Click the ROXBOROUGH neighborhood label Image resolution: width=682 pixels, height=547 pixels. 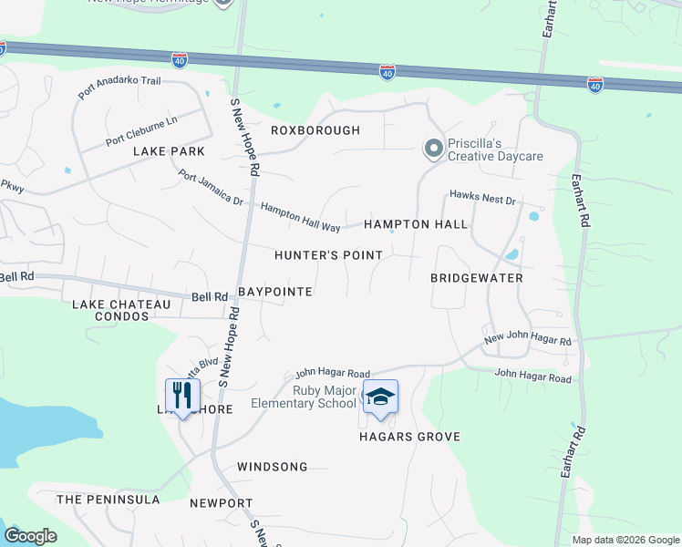(x=315, y=130)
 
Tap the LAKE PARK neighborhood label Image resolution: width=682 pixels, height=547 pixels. (x=169, y=150)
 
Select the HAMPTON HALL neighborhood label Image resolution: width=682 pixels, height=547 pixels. (x=416, y=224)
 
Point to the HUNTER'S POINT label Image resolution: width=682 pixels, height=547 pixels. (x=329, y=255)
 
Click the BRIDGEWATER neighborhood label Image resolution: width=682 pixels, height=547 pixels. (x=477, y=276)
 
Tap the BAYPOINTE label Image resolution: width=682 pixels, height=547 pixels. (x=275, y=292)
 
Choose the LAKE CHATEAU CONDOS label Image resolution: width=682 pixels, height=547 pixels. (x=121, y=310)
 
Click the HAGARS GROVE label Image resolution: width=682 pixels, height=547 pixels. (x=408, y=437)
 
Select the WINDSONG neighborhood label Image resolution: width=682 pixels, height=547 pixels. (x=272, y=467)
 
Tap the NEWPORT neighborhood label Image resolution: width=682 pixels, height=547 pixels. (x=221, y=503)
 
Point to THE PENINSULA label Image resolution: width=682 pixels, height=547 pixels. (x=108, y=500)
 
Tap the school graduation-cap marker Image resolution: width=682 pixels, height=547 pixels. (x=380, y=397)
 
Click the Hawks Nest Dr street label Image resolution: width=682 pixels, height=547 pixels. (x=482, y=198)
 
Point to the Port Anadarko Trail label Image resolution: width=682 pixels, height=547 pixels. (x=119, y=88)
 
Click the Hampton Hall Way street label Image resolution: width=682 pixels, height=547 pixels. (x=300, y=216)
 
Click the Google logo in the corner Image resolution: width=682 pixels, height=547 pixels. (x=30, y=536)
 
